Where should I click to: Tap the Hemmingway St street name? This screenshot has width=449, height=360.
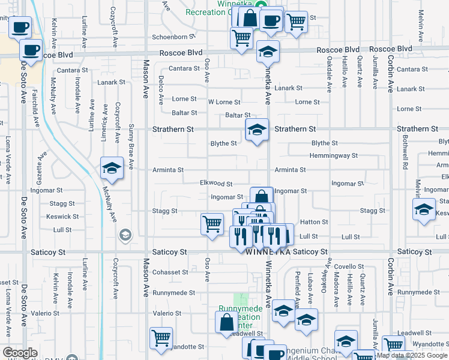pos(333,155)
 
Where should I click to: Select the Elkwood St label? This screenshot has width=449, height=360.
pos(216,183)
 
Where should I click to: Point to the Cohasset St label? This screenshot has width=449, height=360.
pos(170,272)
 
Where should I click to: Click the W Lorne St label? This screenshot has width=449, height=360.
pos(223,103)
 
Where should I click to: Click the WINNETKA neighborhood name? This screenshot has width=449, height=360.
pos(268,253)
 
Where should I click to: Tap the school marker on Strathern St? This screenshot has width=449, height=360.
pos(256,130)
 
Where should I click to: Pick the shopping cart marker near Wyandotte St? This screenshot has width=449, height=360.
pos(161,338)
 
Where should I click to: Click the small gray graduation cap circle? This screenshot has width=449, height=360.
pos(125,233)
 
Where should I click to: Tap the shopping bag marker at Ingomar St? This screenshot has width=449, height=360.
pos(261,197)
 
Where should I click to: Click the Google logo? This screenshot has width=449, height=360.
pos(20,353)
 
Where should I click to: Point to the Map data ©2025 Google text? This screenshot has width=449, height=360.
pos(411,355)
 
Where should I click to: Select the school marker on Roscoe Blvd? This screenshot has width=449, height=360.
pos(268,52)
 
